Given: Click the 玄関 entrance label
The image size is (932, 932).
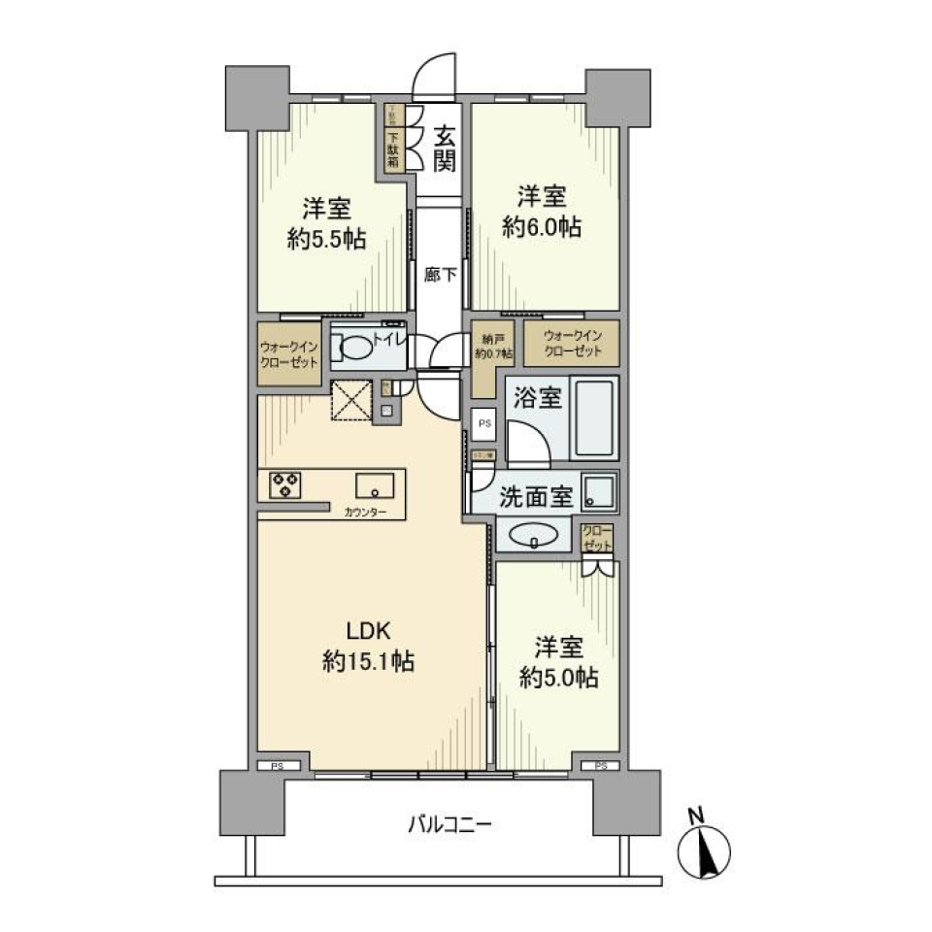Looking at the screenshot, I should [444, 149].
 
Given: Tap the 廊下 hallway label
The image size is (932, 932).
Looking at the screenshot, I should [440, 275].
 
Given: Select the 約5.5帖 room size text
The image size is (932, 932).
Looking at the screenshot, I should [326, 239].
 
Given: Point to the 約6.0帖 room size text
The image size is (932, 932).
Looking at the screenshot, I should [542, 227].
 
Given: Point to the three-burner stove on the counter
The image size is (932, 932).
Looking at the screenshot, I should [284, 483].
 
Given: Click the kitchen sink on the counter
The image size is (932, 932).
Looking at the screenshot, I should [374, 484].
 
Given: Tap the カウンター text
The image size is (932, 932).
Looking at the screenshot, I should [365, 512].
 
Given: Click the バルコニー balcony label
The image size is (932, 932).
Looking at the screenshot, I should [449, 826].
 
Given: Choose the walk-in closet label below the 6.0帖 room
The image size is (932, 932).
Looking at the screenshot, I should [573, 343].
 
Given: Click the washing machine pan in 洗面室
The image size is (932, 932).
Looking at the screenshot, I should [599, 493].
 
